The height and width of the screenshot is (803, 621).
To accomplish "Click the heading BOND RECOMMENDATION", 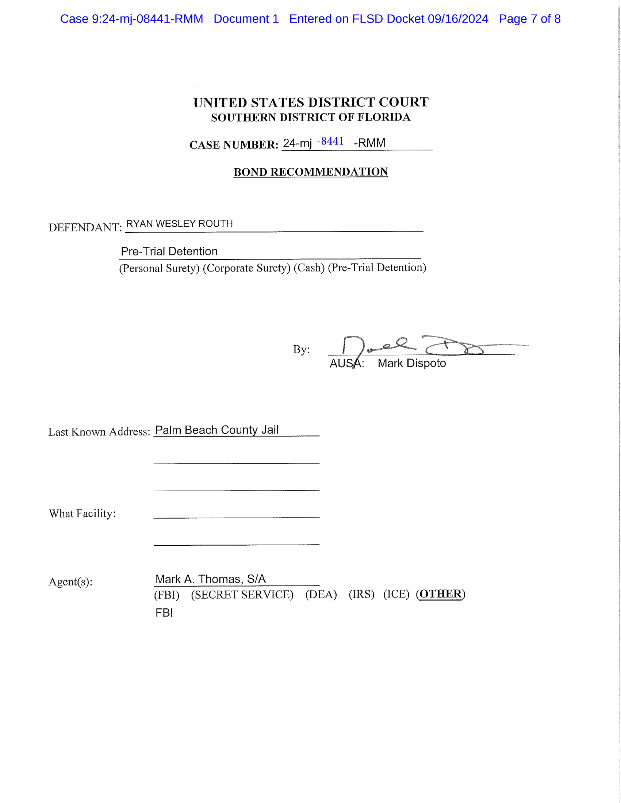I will [x=311, y=172].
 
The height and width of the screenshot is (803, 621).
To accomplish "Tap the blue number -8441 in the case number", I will [x=330, y=142].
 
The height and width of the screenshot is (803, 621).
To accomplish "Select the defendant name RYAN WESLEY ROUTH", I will [x=179, y=224].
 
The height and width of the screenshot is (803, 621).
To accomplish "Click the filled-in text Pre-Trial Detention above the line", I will [x=169, y=251].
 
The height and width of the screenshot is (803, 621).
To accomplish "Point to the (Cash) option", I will [x=309, y=268].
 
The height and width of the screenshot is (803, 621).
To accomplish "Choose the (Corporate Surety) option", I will [x=246, y=268].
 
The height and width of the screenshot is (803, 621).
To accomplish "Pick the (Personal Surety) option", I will [x=159, y=268].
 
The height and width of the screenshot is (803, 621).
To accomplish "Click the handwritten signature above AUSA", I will [x=412, y=346].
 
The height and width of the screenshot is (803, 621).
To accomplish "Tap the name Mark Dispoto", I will [x=412, y=363].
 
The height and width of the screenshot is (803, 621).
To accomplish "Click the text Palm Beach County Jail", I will [x=217, y=430].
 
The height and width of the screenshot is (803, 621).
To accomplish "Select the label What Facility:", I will [x=83, y=514].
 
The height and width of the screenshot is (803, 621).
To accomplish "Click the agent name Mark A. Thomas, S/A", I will [x=210, y=579].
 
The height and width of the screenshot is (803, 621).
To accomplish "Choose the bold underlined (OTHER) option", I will [x=441, y=594].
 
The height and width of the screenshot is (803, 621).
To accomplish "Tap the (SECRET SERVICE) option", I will [x=242, y=595].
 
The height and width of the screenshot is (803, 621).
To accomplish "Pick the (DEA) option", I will [x=321, y=595].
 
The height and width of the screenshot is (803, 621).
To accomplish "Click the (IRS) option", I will [x=361, y=595].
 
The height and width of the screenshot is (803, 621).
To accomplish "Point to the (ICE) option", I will [x=396, y=594].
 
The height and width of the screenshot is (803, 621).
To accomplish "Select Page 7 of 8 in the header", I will [x=529, y=19].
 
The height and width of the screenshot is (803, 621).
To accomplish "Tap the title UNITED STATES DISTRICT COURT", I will [x=311, y=102].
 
